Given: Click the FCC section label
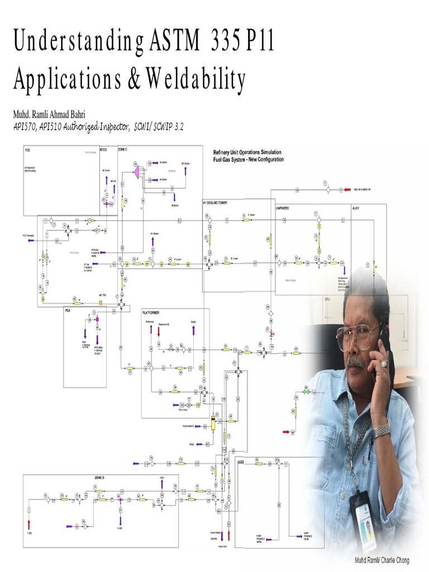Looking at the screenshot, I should pos(27,150).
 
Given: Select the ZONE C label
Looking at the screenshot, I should pos(123,150).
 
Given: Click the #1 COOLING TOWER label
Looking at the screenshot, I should pos(215,202).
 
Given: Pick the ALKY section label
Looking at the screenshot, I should pos(356,207).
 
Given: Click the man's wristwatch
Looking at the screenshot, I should pos(382,430).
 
